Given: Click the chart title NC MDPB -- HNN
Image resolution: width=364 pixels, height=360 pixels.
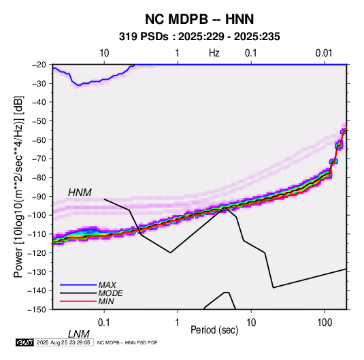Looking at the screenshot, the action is [x=199, y=19].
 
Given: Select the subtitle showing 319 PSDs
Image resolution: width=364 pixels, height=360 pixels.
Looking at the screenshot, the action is [x=199, y=37].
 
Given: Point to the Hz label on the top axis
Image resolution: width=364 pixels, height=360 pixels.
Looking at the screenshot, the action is [x=214, y=53].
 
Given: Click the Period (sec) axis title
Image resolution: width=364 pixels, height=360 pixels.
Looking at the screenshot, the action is [x=214, y=330].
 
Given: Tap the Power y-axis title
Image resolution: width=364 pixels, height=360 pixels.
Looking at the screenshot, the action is [x=18, y=187].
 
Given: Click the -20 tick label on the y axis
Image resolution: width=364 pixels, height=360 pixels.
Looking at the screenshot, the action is [x=39, y=65].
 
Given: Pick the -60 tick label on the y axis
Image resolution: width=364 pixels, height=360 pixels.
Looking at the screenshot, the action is [x=39, y=140].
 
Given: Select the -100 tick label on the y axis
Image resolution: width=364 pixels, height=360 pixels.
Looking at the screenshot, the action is [x=37, y=215].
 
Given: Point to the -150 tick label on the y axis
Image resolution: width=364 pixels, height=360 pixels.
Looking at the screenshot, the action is [x=37, y=310].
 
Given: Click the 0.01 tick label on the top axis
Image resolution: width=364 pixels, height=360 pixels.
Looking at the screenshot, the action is [x=324, y=53].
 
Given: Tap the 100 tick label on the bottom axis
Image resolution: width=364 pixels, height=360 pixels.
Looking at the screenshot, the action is [x=325, y=323].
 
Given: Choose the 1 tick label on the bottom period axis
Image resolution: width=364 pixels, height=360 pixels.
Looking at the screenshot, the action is [x=178, y=323].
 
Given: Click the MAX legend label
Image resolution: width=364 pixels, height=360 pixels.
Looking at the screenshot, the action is [x=107, y=285].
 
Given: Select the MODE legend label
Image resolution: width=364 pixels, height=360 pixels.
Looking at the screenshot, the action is [x=110, y=293].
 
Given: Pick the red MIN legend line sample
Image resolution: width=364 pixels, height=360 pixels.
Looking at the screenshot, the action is [x=78, y=301].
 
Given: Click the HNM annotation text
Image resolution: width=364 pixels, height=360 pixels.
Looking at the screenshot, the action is [x=80, y=193].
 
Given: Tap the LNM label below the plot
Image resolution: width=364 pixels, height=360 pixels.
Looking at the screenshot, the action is [x=79, y=334].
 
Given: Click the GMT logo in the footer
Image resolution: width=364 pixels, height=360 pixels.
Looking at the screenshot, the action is [x=24, y=342].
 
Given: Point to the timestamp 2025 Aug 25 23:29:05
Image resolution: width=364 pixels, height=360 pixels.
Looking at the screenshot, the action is [x=63, y=342].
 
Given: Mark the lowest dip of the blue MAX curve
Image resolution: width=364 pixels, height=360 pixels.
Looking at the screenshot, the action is [x=79, y=85].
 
